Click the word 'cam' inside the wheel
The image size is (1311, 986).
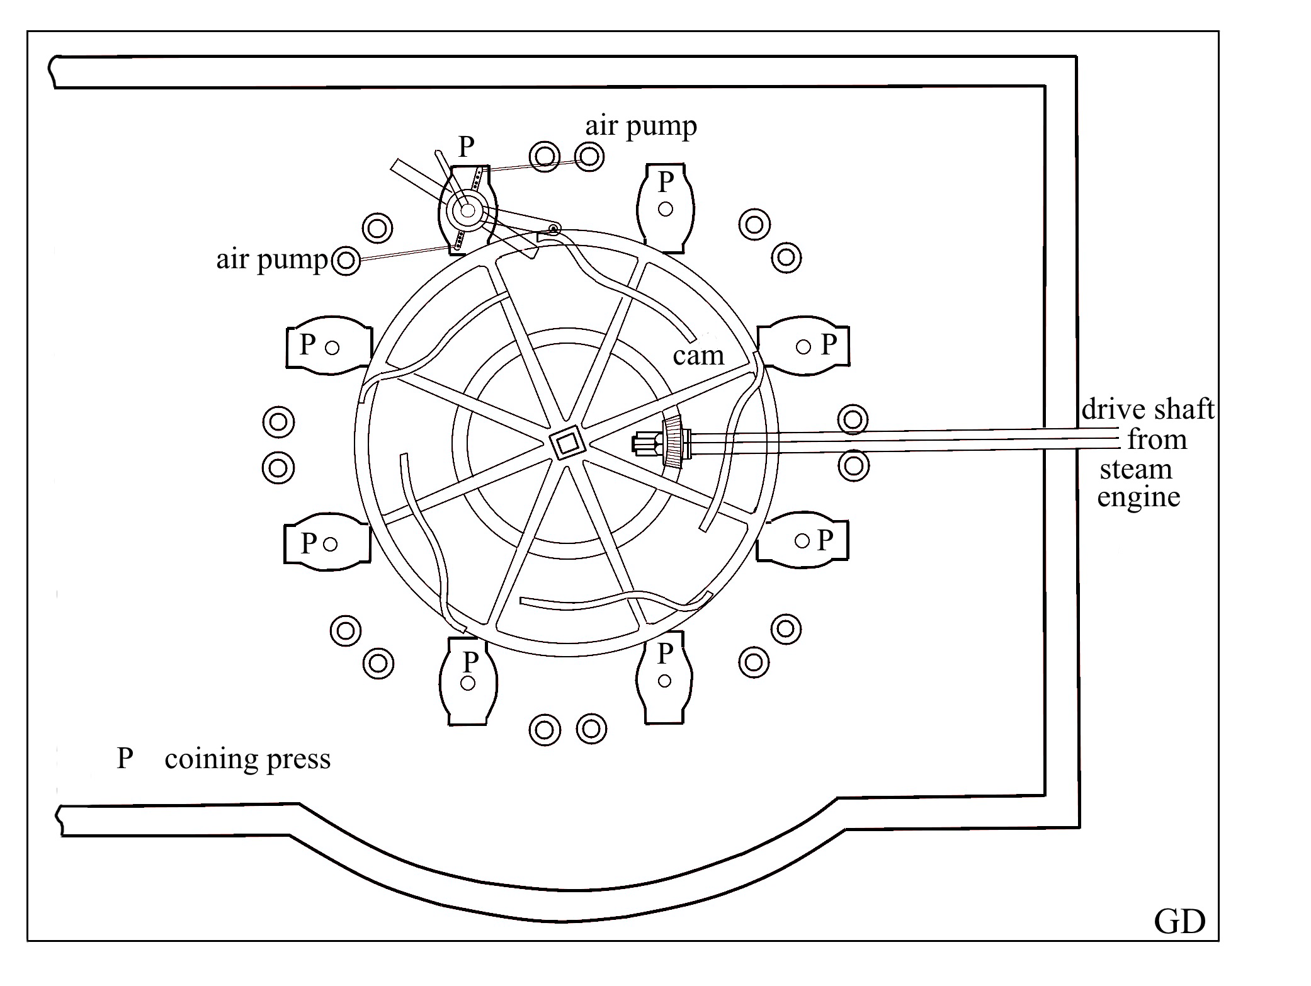pos(698,356)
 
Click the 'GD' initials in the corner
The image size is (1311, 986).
pos(1179,922)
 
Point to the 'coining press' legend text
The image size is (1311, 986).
pos(247,759)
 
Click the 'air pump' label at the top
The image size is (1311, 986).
pos(641,126)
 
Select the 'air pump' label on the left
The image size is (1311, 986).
pos(271,259)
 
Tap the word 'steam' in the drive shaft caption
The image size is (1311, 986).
pos(1136,470)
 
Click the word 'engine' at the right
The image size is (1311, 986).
pos(1138,498)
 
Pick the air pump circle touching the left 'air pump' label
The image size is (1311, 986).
pos(346,259)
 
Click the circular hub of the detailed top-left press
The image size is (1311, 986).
pos(468,211)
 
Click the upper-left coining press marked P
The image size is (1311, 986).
pos(328,346)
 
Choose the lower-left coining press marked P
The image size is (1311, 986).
pos(326,543)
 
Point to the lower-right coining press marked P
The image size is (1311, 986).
pos(802,541)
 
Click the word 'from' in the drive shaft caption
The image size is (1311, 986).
pos(1157,440)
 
